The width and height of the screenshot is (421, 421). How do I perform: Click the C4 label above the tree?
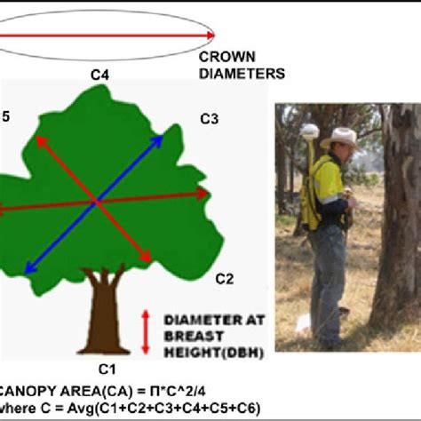click(x=100, y=75)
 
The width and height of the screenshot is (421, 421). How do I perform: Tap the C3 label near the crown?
click(x=210, y=119)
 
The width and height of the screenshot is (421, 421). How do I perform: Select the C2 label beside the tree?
click(x=224, y=279)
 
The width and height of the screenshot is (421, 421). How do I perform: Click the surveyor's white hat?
click(x=339, y=137)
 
